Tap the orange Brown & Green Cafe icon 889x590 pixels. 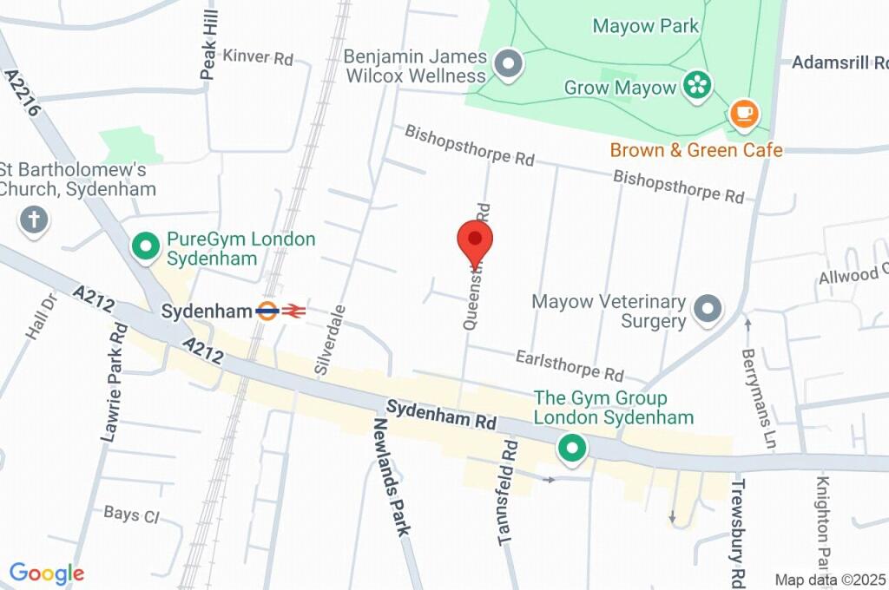point(743,113)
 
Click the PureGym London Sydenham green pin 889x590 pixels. point(144,246)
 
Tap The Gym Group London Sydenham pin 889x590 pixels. point(570,449)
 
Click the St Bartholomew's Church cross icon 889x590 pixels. point(34,220)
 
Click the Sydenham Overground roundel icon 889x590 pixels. point(267,311)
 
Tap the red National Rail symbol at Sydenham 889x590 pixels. point(293,311)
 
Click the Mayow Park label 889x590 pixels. point(645,26)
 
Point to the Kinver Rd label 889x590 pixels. point(258,58)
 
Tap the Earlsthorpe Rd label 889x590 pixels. point(570,365)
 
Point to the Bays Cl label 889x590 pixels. point(131,515)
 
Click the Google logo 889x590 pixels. point(46,574)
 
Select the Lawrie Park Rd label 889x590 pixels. point(114,383)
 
